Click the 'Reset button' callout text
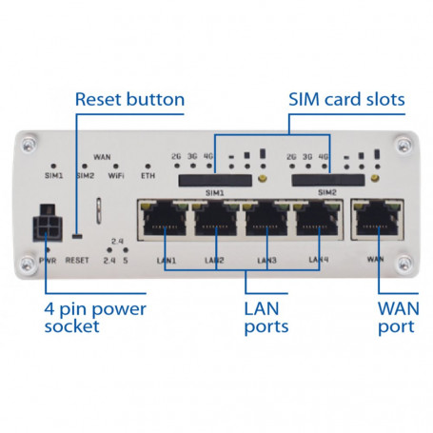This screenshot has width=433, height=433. pyautogui.click(x=129, y=99)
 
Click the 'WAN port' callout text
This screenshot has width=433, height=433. pyautogui.click(x=397, y=317)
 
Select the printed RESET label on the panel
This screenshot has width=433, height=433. pyautogui.click(x=78, y=258)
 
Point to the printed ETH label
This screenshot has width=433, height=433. pyautogui.click(x=148, y=175)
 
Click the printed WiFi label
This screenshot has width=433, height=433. pyautogui.click(x=116, y=175)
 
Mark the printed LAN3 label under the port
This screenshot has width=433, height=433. pyautogui.click(x=267, y=260)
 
